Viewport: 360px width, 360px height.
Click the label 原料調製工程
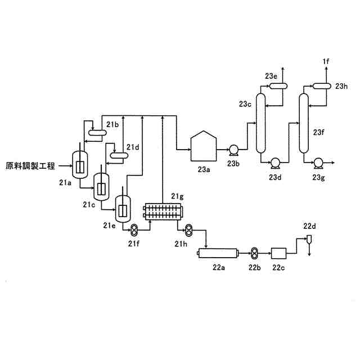click(30, 166)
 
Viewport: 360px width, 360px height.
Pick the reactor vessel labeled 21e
click(123, 209)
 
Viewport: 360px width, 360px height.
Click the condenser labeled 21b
click(98, 133)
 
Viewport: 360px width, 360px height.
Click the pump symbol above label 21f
click(135, 229)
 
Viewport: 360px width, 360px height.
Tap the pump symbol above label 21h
click(190, 229)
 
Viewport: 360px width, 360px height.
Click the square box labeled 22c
click(279, 253)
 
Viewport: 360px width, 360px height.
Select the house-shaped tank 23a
click(203, 146)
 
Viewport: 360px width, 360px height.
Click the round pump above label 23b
click(233, 149)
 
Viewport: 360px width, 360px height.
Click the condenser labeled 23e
click(276, 85)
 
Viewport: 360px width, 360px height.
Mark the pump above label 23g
click(318, 163)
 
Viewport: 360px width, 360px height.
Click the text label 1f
click(326, 61)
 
